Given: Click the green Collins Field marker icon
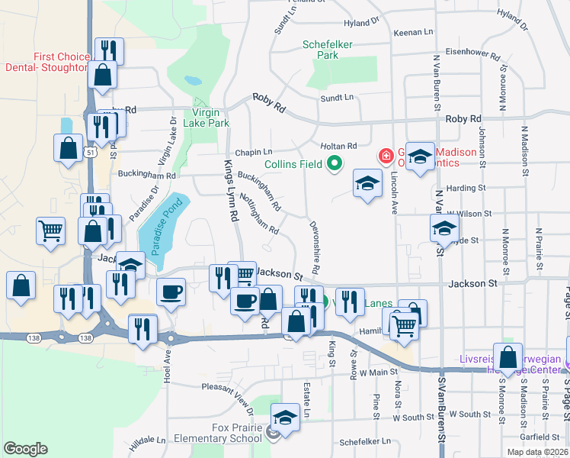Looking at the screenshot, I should (333, 163).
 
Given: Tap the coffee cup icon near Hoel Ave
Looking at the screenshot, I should (171, 292).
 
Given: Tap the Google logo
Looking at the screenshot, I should (25, 449).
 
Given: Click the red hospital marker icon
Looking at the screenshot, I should (386, 156).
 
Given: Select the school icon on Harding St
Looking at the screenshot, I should (367, 183).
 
